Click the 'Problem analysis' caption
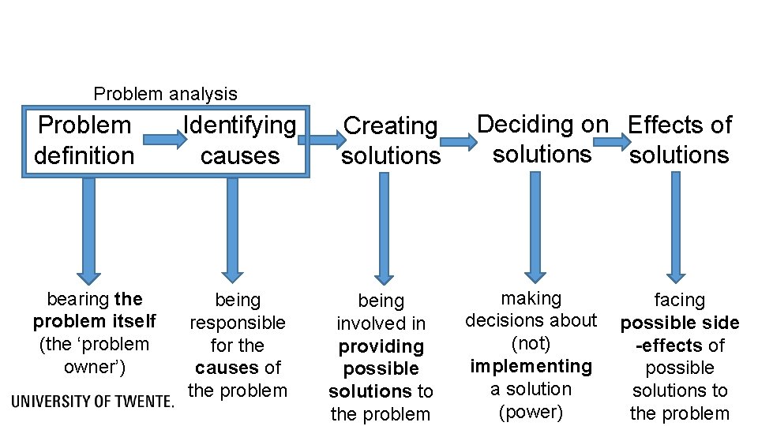pyautogui.click(x=165, y=94)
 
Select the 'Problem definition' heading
pyautogui.click(x=84, y=140)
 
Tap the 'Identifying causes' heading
pyautogui.click(x=239, y=140)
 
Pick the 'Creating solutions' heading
pyautogui.click(x=391, y=140)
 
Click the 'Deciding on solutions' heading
pyautogui.click(x=542, y=139)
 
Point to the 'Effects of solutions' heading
pyautogui.click(x=679, y=139)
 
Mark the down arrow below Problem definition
pyautogui.click(x=88, y=229)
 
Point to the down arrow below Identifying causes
pyautogui.click(x=231, y=229)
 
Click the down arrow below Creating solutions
pyautogui.click(x=384, y=229)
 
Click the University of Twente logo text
pyautogui.click(x=92, y=402)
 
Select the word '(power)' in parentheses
pyautogui.click(x=531, y=412)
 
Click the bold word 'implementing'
pyautogui.click(x=531, y=366)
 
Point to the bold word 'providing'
pyautogui.click(x=381, y=346)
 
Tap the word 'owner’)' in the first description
pyautogui.click(x=94, y=367)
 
